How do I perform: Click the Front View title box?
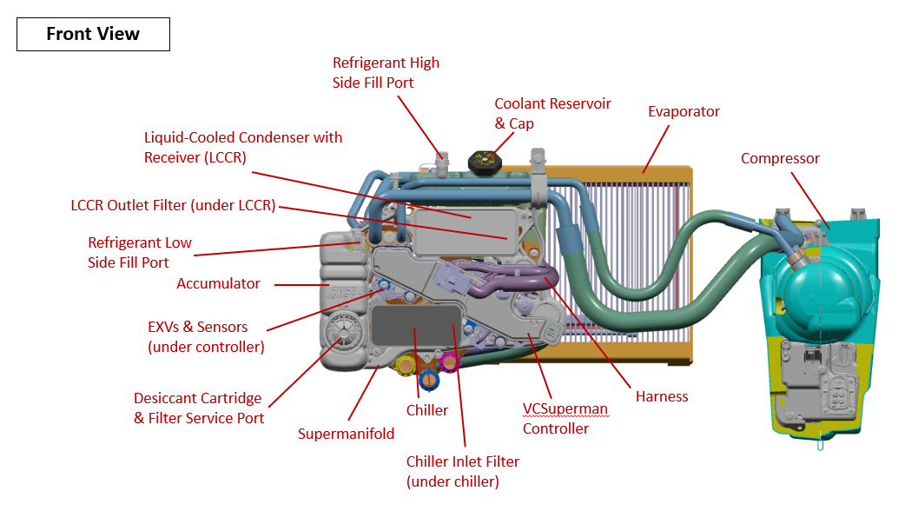point(93,34)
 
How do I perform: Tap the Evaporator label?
point(684,111)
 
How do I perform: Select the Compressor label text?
point(780,158)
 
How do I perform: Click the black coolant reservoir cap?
point(485,161)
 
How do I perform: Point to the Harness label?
point(662,396)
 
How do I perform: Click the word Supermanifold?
point(346,434)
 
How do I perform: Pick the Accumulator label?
point(218,283)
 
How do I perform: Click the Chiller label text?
point(427,410)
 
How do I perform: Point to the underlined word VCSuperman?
point(565,408)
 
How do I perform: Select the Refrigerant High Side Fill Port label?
point(386,73)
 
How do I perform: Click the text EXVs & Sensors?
point(198,328)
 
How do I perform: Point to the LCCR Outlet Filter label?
point(173,206)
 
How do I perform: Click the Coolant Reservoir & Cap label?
point(552,114)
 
